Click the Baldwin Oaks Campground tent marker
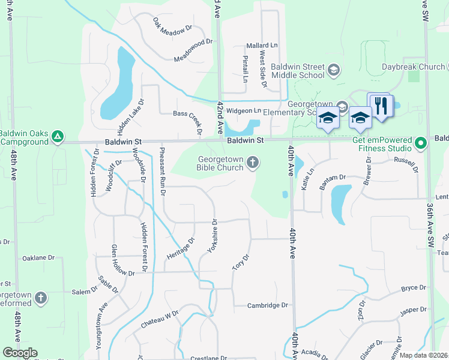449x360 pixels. [57, 137]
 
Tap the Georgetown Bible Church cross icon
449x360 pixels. [253, 162]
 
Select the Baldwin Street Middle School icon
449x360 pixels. [333, 71]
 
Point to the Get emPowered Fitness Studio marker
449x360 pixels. [421, 143]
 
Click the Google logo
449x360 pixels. [20, 353]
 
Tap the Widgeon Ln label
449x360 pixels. [247, 110]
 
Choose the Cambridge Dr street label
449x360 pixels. [268, 305]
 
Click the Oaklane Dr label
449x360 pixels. [38, 258]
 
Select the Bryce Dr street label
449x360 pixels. [413, 288]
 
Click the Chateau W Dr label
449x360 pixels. [160, 318]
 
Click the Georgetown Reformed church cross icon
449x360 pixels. [41, 298]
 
